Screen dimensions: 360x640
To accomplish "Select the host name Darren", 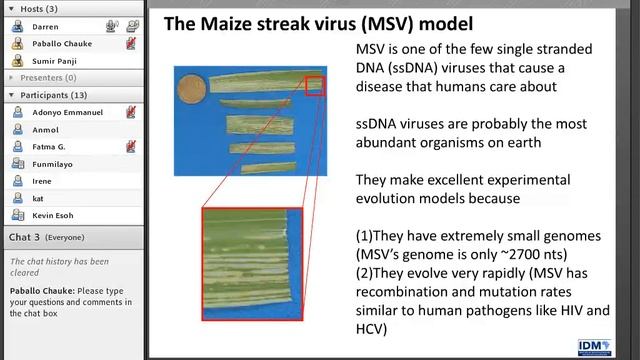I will tap(46, 26).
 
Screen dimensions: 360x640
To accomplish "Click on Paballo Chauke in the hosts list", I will tap(63, 43).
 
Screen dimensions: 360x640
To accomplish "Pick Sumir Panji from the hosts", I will tap(55, 60).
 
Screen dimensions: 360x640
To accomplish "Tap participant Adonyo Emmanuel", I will tap(67, 112).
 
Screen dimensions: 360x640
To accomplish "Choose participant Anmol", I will tap(45, 129).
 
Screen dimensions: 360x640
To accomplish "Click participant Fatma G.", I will tap(50, 146).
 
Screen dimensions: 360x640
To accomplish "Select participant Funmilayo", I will tap(53, 163).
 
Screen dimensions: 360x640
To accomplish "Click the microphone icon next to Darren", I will tap(131, 26).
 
